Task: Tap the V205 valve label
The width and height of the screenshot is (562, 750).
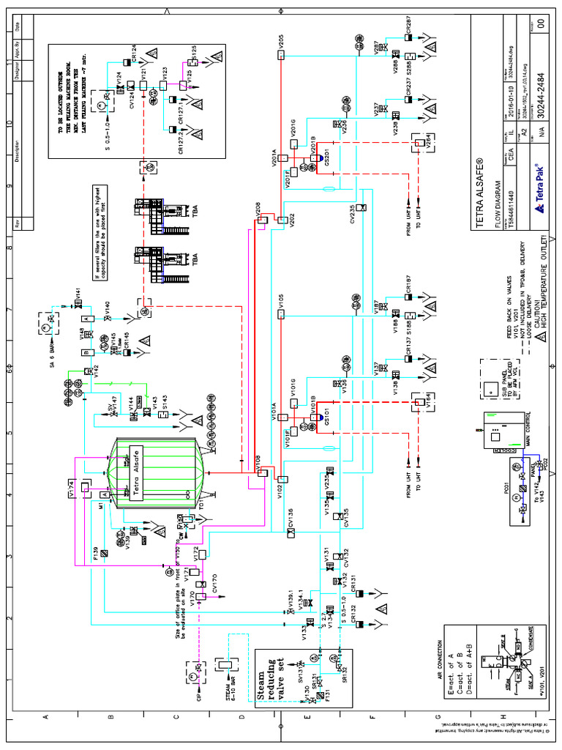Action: point(280,40)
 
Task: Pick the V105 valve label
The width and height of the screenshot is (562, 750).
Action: point(280,300)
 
